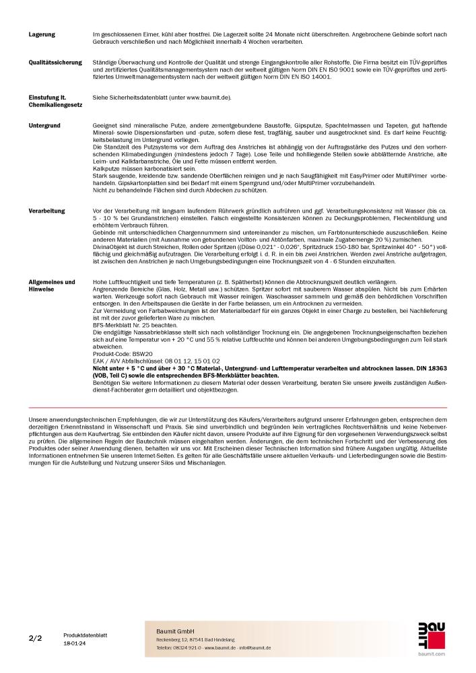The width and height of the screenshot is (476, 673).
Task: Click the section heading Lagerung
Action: (x=42, y=34)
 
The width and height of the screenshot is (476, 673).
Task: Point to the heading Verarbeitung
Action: (x=47, y=211)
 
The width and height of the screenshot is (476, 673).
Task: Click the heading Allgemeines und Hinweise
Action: (x=52, y=286)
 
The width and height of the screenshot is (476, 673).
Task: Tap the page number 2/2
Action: (x=35, y=637)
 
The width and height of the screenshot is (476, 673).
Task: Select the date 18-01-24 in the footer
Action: (x=75, y=644)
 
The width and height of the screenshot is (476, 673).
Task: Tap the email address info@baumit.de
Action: (x=252, y=647)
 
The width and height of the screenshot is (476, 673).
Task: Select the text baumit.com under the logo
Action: (x=431, y=653)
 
